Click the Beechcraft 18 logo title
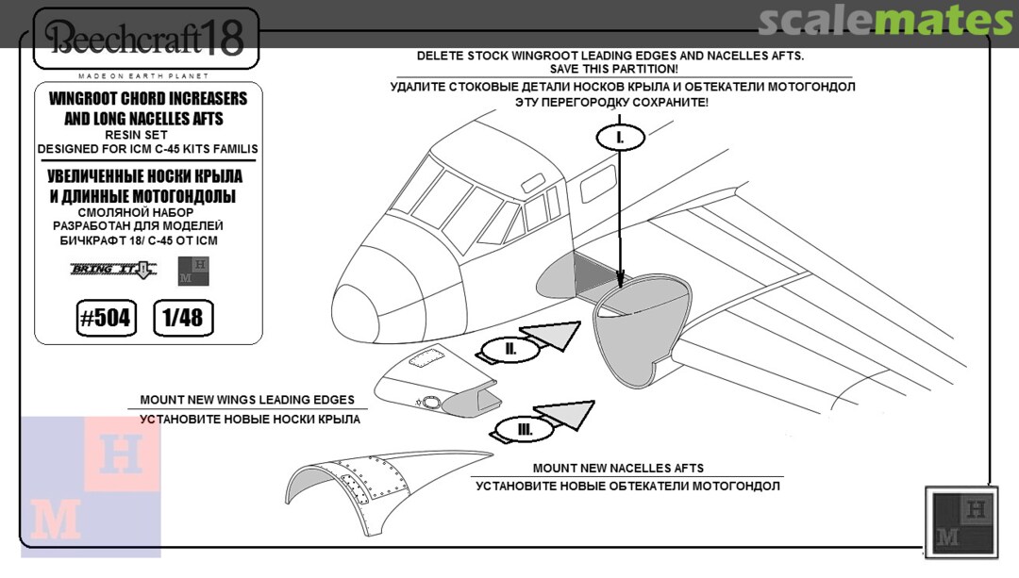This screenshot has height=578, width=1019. [x=145, y=38]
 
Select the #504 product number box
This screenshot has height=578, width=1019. [x=103, y=318]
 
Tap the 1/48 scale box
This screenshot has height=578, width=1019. [x=183, y=318]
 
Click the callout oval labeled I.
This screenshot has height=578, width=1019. [x=620, y=137]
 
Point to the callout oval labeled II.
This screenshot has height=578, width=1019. [x=510, y=349]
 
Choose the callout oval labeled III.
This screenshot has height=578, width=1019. [x=525, y=430]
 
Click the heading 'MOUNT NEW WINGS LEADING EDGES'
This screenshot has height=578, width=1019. [x=247, y=400]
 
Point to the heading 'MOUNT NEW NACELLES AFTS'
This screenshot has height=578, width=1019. [x=618, y=468]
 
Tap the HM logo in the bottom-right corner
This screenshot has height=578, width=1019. [x=961, y=521]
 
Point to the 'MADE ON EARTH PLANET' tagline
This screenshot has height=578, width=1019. [x=144, y=75]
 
